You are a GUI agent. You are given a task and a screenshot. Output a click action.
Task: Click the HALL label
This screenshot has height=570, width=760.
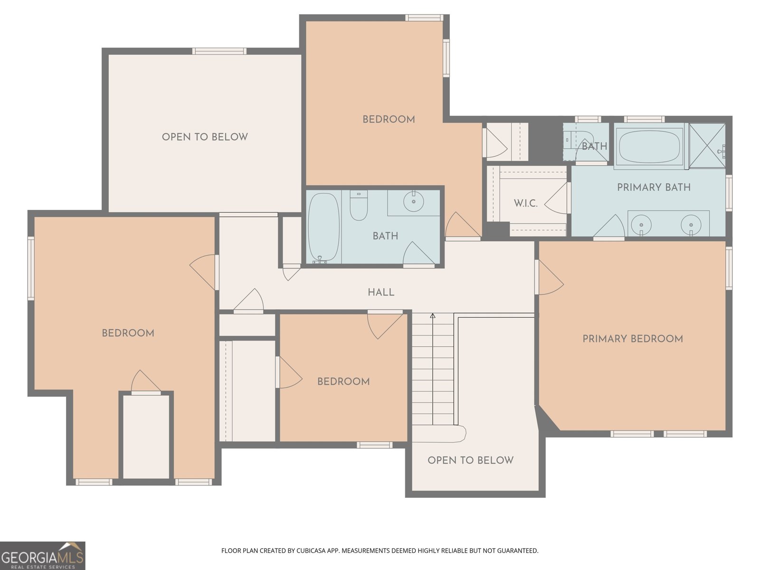(x=381, y=292)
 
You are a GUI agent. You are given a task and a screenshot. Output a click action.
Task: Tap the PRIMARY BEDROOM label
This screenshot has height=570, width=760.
(x=632, y=339)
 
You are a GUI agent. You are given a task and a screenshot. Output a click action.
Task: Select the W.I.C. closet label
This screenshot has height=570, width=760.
(x=525, y=203)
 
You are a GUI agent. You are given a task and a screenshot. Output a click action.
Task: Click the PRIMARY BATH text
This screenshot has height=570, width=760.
(x=654, y=187)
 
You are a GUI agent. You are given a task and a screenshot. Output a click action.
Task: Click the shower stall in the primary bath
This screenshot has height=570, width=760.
(x=707, y=145)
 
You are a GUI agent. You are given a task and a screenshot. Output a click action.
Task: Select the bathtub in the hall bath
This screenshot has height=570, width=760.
(x=323, y=228)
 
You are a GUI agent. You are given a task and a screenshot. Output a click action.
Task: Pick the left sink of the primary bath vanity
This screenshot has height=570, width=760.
(x=642, y=223)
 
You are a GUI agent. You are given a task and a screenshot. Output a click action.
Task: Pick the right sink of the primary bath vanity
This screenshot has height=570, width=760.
(x=691, y=223)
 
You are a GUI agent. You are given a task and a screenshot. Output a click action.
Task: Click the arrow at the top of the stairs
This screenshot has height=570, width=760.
(x=433, y=316)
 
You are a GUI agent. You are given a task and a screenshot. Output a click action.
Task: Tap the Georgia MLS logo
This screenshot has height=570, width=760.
(x=43, y=555)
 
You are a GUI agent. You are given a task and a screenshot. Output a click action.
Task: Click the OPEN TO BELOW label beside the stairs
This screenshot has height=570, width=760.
(x=470, y=460)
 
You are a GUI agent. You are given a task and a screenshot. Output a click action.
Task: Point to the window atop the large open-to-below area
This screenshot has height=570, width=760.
(x=219, y=51)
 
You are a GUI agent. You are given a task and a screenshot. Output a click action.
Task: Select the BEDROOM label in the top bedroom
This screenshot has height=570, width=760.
(x=389, y=119)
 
